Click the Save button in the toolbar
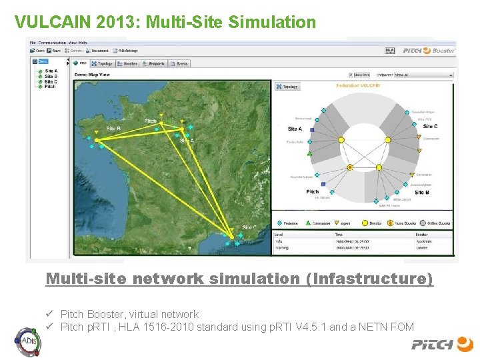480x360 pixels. point(55,51)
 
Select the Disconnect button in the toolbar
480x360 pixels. point(98,51)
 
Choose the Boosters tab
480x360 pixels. point(128,64)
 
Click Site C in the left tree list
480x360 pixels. point(49,81)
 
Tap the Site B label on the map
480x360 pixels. point(113,128)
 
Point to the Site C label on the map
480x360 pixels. point(248,227)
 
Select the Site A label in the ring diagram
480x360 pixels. point(295,129)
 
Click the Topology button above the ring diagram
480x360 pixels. point(288,87)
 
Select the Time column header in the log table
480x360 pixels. point(340,235)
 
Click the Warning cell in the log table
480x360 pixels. point(282,247)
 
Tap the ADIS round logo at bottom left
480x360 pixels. point(27,341)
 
